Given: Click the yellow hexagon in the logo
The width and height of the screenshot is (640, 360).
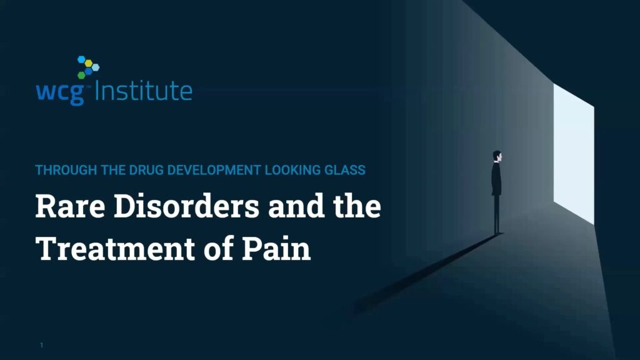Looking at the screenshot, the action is pos(89,63).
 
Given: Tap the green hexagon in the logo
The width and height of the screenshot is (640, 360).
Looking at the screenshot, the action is pos(82,75).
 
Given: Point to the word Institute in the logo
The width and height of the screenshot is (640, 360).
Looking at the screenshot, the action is pos(143,90).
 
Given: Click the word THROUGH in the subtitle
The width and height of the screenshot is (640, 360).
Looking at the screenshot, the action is pos(66,170).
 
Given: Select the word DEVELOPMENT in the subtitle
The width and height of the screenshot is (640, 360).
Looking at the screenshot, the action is pos(214,170).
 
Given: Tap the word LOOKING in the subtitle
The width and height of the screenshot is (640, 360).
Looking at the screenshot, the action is pos(292,170).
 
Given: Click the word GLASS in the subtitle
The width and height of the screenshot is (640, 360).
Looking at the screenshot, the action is pos(345,170).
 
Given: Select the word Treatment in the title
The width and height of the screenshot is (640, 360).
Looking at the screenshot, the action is pos(115,248).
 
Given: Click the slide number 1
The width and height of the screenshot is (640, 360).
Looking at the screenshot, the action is pos(41,345).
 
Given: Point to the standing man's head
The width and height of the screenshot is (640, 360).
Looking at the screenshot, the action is pos(497,156).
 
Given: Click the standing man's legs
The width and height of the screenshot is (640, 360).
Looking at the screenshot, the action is pos(496,214).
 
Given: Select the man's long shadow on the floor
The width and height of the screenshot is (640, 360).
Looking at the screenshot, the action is pos(426,274).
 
